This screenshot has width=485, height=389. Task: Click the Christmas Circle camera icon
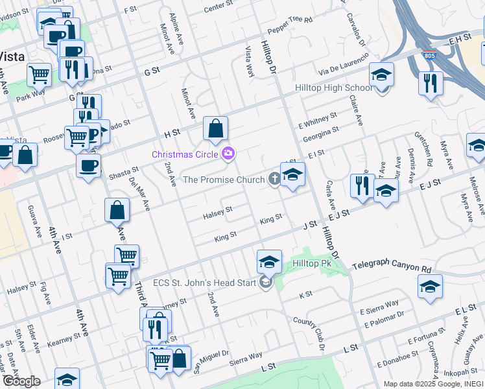pos(228,154)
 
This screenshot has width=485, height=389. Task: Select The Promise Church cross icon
pos(275,179)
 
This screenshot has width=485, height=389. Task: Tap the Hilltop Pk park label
pos(312,264)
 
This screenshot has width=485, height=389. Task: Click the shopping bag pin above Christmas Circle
pos(215,129)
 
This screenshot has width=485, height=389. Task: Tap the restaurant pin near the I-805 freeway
pos(431,84)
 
